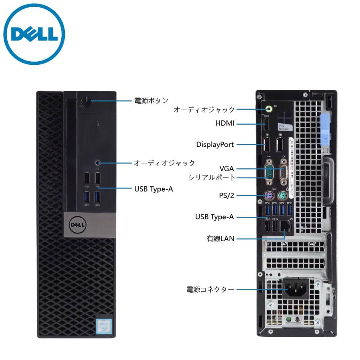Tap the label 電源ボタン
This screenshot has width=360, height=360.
pyautogui.click(x=151, y=100)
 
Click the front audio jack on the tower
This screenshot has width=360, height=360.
pyautogui.click(x=98, y=163)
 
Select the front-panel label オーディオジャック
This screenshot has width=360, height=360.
pyautogui.click(x=164, y=163)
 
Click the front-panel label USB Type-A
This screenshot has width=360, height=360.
pyautogui.click(x=154, y=189)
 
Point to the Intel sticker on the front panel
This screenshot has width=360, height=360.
pyautogui.click(x=104, y=323)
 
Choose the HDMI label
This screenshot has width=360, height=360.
pyautogui.click(x=224, y=124)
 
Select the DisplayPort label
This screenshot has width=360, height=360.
pyautogui.click(x=215, y=144)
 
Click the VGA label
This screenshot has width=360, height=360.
pyautogui.click(x=226, y=168)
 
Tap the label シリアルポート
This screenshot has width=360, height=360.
pyautogui.click(x=212, y=177)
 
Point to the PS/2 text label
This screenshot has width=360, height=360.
pyautogui.click(x=226, y=196)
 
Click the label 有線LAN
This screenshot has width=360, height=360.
pyautogui.click(x=220, y=239)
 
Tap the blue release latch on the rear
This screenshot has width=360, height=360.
pyautogui.click(x=325, y=130)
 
